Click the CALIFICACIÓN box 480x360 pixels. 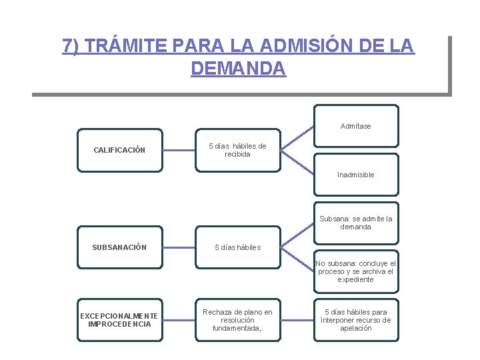119,150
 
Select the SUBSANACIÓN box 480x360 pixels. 119,247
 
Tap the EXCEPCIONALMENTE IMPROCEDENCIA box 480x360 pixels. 119,320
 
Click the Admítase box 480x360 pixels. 356,126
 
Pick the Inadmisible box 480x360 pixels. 356,175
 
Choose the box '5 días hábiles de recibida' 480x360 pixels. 237,150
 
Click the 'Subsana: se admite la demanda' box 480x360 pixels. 356,222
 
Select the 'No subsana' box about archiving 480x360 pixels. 356,271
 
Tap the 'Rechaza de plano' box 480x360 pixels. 237,320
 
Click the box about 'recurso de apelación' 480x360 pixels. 356,320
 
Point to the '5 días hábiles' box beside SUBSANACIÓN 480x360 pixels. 237,247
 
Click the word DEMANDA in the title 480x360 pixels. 238,68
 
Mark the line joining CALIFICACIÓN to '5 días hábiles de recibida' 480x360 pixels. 179,150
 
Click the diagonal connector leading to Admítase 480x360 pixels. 297,138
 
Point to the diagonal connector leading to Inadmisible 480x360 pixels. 297,162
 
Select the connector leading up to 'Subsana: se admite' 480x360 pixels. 297,234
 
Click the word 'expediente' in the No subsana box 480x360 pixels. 356,279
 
